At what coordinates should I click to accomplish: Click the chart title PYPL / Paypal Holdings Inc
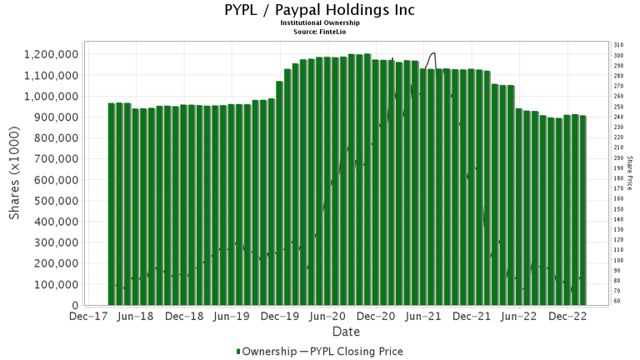point(320,11)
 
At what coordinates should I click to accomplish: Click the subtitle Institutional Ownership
point(320,23)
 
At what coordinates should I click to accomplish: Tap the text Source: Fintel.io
point(320,31)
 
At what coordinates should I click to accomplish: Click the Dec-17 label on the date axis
point(87,317)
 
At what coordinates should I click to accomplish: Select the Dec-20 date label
point(377,317)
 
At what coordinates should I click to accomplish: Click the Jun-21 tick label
point(425,317)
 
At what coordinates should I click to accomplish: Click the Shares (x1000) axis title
point(15,178)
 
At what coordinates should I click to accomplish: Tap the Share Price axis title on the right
point(631,172)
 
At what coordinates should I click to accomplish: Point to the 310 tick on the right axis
point(618,45)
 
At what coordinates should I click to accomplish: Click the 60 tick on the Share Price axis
point(617,301)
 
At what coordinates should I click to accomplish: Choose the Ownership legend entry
point(264,352)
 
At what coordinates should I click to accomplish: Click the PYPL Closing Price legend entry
point(351,352)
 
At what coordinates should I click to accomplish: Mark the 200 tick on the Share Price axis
point(618,157)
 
